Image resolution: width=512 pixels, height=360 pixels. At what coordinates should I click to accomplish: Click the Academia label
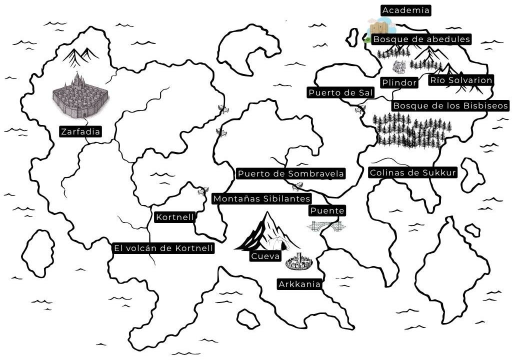click(x=405, y=10)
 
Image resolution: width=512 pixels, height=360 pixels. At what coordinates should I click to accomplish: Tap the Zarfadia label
click(x=80, y=132)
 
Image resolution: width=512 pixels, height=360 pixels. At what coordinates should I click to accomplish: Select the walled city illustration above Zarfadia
click(x=80, y=96)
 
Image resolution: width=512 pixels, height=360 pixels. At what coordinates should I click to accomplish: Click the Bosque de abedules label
click(x=422, y=39)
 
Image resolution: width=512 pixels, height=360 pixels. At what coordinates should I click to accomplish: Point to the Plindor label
click(x=399, y=82)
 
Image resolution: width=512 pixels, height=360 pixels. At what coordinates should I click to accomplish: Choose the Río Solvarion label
click(x=461, y=80)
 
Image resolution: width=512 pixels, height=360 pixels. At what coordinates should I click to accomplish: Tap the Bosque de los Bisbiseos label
click(x=450, y=105)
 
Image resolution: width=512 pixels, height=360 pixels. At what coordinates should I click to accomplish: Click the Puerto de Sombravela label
click(x=291, y=173)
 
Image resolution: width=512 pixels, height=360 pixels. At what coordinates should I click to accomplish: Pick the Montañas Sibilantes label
click(x=262, y=198)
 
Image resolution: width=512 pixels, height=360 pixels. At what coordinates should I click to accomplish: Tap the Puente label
click(x=327, y=210)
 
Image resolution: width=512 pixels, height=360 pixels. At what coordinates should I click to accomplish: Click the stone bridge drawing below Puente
click(x=326, y=226)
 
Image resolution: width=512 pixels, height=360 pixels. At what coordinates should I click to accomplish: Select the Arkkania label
click(x=299, y=284)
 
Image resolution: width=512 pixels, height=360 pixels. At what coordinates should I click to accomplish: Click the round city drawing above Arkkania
click(x=299, y=261)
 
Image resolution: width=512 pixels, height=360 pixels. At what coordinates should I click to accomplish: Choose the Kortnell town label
click(x=174, y=217)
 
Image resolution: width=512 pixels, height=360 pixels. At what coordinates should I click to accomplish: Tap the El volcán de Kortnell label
click(x=163, y=248)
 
